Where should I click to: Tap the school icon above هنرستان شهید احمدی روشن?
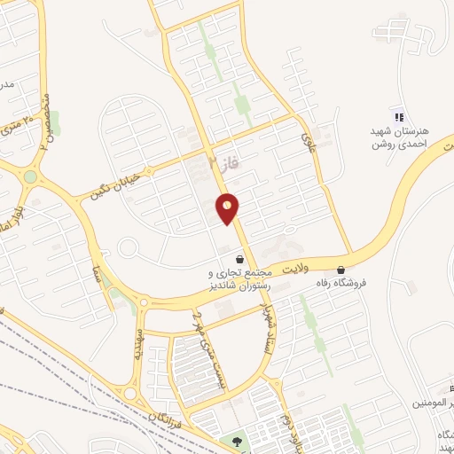point(398,117)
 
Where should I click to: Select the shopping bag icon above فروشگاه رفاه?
point(341,270)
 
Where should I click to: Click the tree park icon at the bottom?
point(236,441)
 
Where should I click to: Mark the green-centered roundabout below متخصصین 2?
point(31,176)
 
